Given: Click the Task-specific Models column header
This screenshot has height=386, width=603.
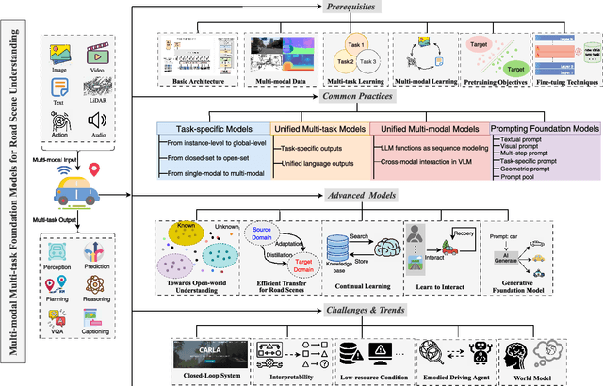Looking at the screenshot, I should [213, 128].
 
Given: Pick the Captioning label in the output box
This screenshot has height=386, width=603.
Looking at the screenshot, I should [96, 331].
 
